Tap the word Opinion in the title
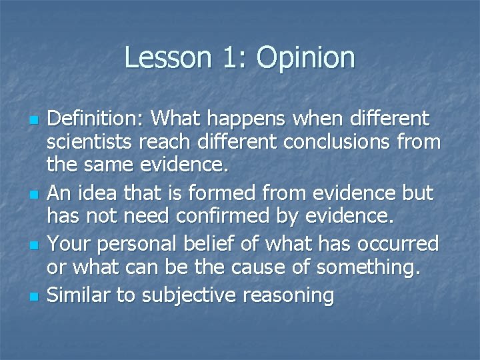tap(306, 59)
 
